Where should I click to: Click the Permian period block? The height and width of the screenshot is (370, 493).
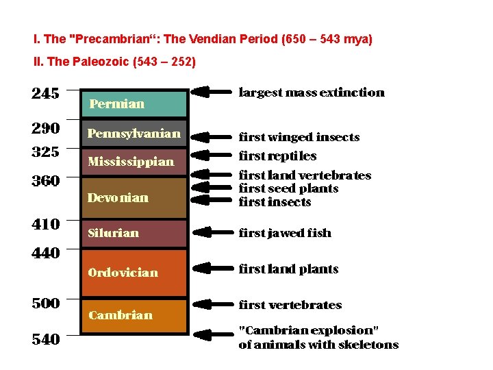[x=134, y=103]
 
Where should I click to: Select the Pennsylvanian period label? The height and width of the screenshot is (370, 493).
[x=134, y=134]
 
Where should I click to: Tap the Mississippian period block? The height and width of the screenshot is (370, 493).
[x=134, y=162]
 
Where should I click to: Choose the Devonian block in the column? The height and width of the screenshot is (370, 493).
[x=134, y=197]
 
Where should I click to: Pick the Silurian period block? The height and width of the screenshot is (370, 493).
[x=134, y=233]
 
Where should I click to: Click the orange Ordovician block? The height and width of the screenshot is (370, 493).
[x=134, y=273]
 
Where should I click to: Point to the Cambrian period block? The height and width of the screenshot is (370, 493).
[x=134, y=315]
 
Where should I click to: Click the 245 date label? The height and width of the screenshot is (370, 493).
[x=45, y=93]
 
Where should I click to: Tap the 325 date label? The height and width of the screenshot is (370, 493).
[x=45, y=151]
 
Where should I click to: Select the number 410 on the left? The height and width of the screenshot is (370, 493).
[x=45, y=224]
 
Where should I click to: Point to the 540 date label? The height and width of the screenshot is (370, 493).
[x=45, y=339]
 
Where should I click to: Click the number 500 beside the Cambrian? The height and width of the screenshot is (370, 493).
[x=45, y=303]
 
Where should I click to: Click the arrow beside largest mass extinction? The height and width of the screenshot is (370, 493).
[x=211, y=91]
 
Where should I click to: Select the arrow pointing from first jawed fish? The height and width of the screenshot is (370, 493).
[x=211, y=232]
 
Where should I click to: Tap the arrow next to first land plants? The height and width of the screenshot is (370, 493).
[x=211, y=268]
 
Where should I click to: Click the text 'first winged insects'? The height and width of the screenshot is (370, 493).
[x=299, y=137]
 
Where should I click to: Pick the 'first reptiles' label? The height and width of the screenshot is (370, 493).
[x=277, y=156]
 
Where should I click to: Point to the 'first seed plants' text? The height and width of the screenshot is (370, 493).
[x=288, y=188]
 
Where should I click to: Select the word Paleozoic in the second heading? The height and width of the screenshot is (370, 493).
[x=97, y=62]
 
